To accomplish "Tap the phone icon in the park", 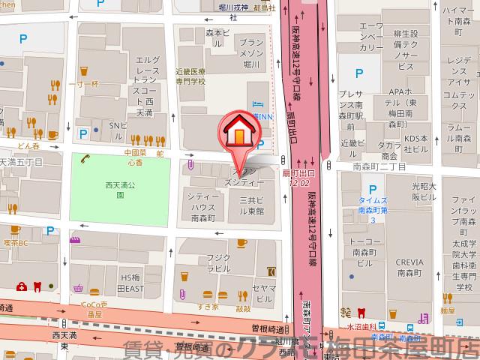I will click(85, 159).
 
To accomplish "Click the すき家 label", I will click(208, 307).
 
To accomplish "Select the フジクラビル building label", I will click(218, 262).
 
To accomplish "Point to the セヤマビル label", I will click(262, 292).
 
